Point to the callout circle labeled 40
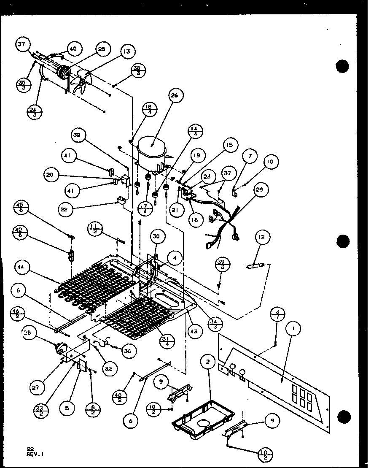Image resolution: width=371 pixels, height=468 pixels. click(x=73, y=49)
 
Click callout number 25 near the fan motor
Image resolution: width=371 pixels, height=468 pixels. click(x=101, y=49)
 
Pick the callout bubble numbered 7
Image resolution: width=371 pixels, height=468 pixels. click(x=250, y=156)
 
